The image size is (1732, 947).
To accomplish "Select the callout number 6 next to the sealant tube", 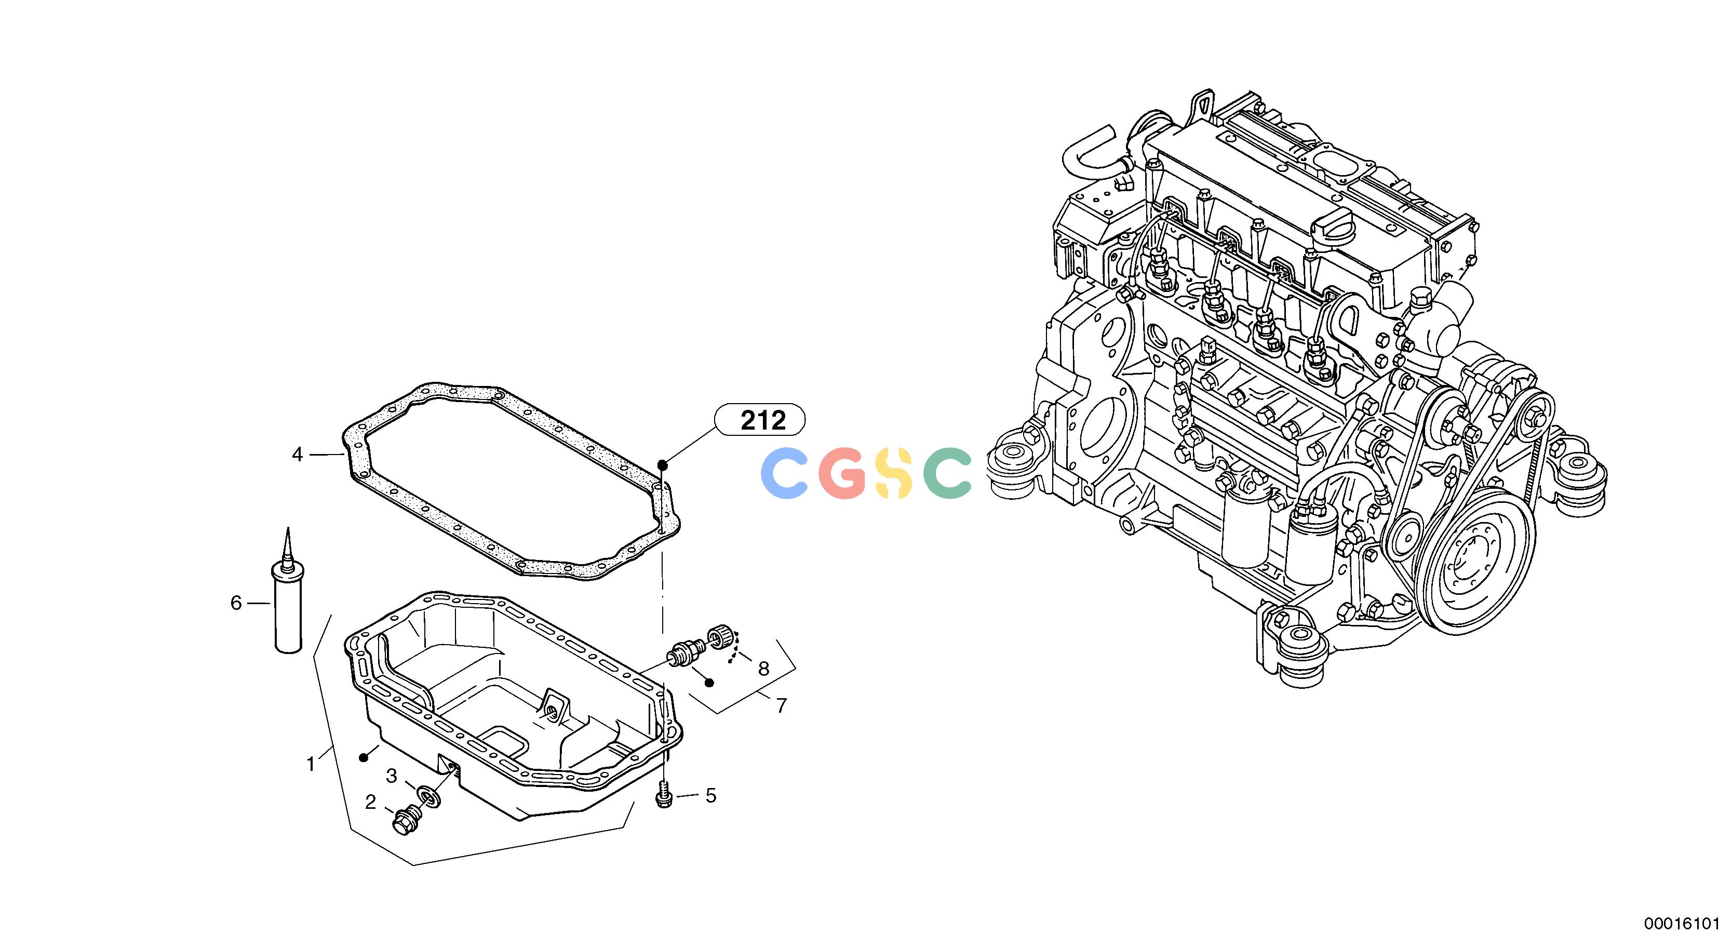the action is click(x=236, y=603).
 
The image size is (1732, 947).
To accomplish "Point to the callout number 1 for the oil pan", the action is click(x=311, y=764).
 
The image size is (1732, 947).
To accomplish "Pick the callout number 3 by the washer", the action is click(x=391, y=776).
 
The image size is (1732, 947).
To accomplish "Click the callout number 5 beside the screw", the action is click(x=710, y=796).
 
